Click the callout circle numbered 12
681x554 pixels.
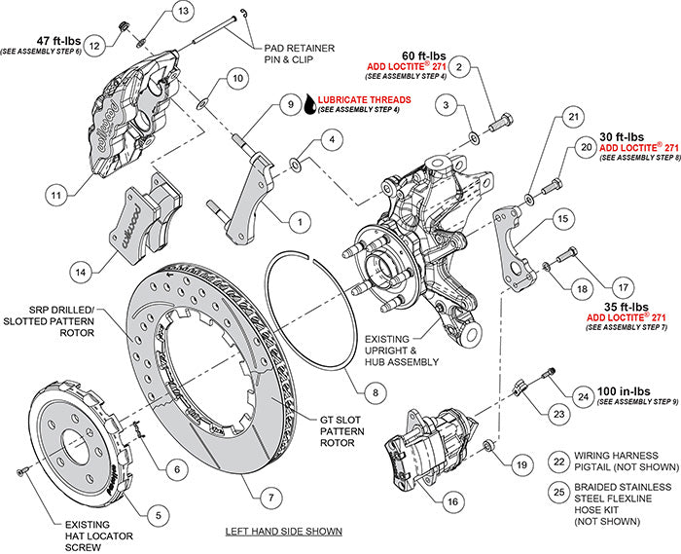[94, 45]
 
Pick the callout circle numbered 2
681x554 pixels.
[461, 67]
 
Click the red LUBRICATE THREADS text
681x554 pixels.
[370, 99]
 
